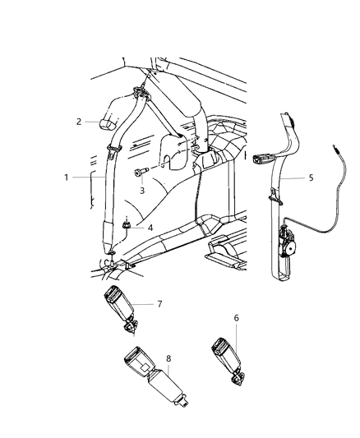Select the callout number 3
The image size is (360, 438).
pos(141,191)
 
